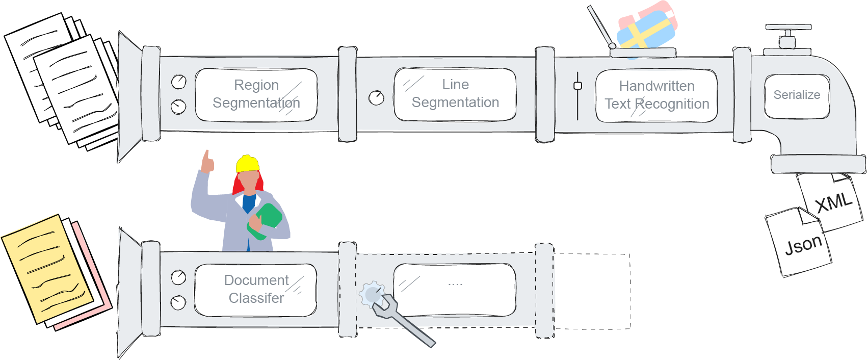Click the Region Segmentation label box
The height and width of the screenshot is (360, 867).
256,94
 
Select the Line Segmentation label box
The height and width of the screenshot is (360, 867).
455,94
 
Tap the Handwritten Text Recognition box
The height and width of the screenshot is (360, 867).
656,95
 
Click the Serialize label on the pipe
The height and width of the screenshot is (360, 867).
797,95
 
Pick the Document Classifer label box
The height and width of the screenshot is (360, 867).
256,290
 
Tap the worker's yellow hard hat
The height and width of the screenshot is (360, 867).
247,164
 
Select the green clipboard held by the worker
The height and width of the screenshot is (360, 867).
266,220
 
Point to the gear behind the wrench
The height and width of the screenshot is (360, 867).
371,295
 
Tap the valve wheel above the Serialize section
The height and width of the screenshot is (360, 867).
787,29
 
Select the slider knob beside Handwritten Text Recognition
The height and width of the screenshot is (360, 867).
577,86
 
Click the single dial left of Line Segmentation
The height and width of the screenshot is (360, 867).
376,98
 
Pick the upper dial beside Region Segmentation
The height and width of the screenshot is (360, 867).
178,82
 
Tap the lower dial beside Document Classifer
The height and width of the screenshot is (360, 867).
178,302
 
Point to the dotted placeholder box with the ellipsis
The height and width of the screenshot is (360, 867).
455,290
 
